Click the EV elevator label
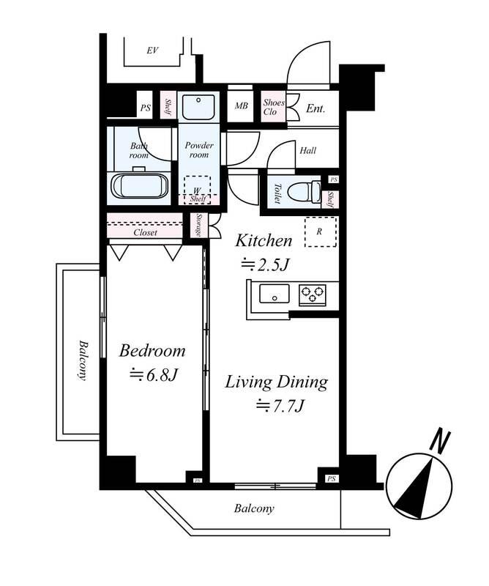pos(152,50)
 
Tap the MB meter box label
pos(241,106)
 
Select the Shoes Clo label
pos(274,107)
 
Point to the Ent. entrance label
pos(316,108)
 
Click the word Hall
pos(307,151)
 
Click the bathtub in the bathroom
pos(141,186)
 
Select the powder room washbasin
pos(198,105)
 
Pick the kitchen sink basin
pos(275,294)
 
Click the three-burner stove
pos(313,294)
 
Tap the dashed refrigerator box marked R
pos(321,231)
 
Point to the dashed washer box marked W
pos(197,190)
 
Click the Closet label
pos(146,232)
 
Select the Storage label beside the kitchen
pos(198,226)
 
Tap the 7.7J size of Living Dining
pos(280,406)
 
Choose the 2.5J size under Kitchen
pos(265,265)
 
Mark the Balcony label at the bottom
pos(254,508)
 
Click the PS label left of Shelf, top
pos(146,108)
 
